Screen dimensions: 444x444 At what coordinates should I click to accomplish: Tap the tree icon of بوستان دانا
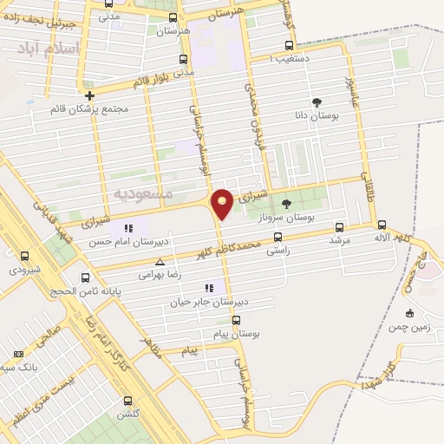(x=317, y=101)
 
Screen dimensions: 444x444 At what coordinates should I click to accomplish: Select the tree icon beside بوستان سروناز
(x=286, y=204)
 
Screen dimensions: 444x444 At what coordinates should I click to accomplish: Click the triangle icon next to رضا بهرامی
(x=159, y=260)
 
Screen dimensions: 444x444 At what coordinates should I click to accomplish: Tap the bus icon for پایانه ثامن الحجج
(x=85, y=277)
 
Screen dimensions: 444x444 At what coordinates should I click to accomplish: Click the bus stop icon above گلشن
(x=128, y=401)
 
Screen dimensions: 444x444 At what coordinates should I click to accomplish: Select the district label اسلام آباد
(x=53, y=48)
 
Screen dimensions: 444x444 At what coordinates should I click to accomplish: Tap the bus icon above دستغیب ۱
(x=289, y=45)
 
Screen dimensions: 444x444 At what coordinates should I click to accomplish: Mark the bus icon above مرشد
(x=339, y=227)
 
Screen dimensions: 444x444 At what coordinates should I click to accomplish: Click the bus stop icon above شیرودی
(x=24, y=256)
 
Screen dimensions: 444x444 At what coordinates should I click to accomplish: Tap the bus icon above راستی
(x=277, y=236)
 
